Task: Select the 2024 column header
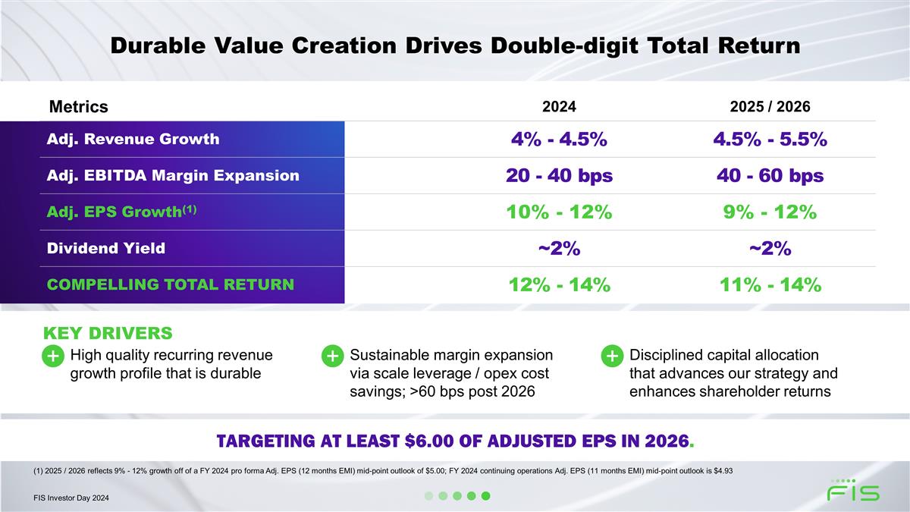(559, 107)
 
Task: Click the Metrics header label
(78, 107)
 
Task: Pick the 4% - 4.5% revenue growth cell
(559, 140)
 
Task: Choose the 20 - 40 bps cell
(559, 176)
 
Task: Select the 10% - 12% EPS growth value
(559, 212)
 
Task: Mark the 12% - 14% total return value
(559, 285)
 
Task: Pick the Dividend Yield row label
(107, 248)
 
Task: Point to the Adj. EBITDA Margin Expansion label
(174, 176)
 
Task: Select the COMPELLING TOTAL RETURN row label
(171, 285)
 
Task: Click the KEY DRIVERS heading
(108, 333)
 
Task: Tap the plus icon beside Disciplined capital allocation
(612, 356)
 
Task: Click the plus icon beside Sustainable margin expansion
(332, 356)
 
